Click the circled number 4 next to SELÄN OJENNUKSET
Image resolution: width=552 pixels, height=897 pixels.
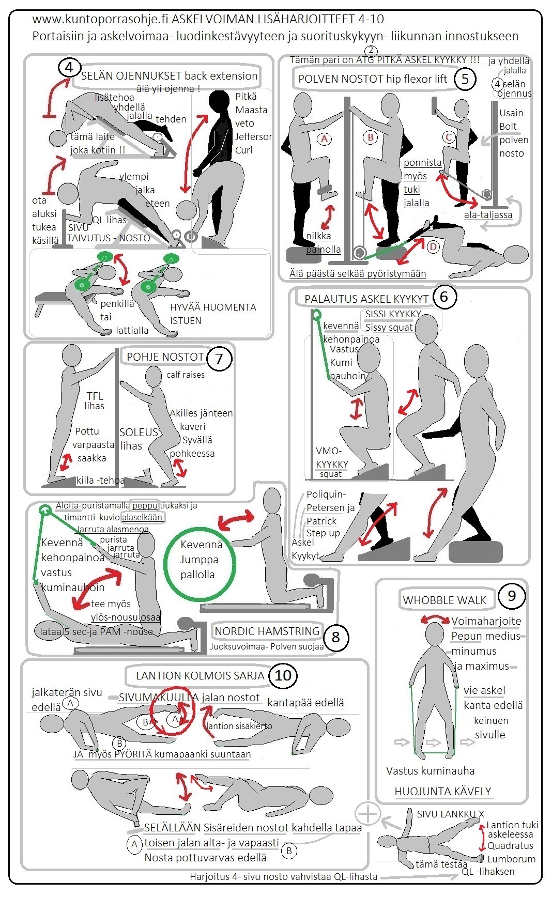point(69,68)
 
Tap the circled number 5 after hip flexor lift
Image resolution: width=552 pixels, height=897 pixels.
point(465,79)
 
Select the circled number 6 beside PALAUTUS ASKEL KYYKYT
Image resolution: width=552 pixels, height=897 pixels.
point(443,297)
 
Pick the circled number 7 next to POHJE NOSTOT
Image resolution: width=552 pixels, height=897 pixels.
point(219,359)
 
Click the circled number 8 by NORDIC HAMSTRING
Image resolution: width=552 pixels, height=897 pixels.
point(335,637)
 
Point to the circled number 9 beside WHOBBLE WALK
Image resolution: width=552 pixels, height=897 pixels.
point(511,596)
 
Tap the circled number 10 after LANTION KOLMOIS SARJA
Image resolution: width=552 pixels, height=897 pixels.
point(283,675)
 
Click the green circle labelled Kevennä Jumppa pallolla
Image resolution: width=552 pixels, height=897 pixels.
point(200,564)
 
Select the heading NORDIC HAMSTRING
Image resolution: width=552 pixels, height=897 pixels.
point(267,631)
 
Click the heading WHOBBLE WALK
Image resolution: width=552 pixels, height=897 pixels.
point(444,600)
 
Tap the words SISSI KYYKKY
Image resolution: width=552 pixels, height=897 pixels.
point(393,314)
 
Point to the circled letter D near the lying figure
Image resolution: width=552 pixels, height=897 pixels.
point(433,247)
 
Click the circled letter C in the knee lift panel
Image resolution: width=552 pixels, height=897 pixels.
point(449,137)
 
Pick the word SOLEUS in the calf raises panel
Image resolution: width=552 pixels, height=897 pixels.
point(139,432)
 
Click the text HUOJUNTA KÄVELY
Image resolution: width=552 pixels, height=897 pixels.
point(442,791)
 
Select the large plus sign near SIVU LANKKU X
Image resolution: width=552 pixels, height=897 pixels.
point(368,814)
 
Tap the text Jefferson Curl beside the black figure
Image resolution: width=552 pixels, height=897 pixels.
point(253,144)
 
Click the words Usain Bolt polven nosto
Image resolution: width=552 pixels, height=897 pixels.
point(513,133)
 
